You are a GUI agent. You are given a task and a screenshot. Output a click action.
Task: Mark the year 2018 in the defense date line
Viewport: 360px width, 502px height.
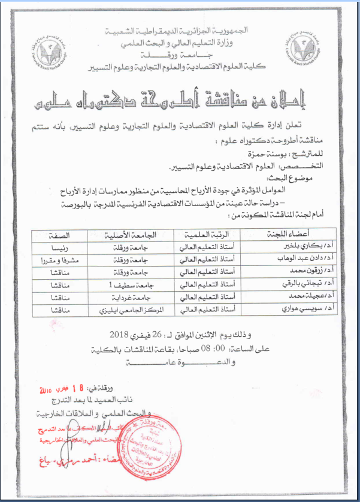120,334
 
